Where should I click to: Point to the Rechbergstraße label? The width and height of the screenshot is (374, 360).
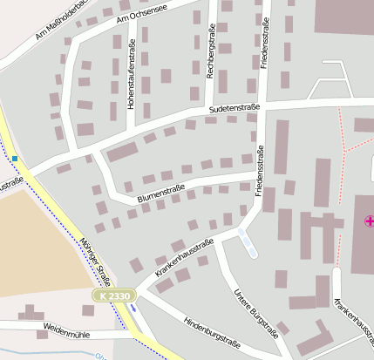[x=210, y=51]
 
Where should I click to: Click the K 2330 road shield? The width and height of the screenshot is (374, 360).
[x=113, y=297]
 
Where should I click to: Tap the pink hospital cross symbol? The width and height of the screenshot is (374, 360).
[x=369, y=221]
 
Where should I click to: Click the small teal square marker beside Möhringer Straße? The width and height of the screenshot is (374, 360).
[x=15, y=158]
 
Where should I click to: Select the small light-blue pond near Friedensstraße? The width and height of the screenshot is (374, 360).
[x=248, y=241]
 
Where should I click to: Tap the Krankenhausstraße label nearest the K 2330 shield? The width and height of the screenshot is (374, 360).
[x=184, y=259]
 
